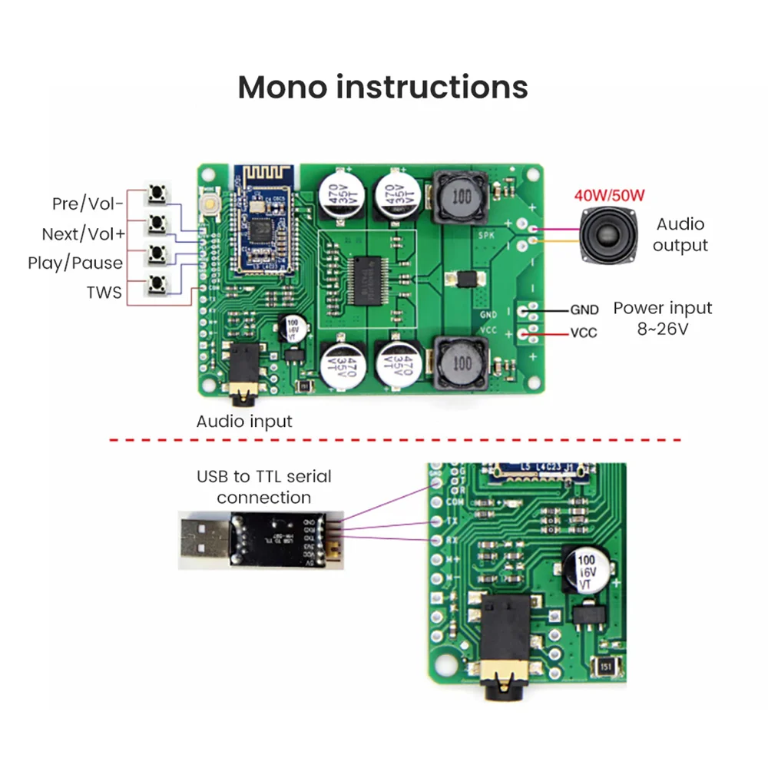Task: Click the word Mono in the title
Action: (x=282, y=87)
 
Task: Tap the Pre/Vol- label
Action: (x=88, y=204)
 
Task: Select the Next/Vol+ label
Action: (x=82, y=233)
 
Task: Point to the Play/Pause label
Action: (x=75, y=263)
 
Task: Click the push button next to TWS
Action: (x=158, y=283)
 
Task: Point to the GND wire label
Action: (x=584, y=310)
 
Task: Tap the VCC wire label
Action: (x=583, y=334)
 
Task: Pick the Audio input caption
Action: (x=244, y=421)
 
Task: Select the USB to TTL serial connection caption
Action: (x=263, y=486)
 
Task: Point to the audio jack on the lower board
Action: (x=498, y=642)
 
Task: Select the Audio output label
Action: (x=680, y=234)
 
